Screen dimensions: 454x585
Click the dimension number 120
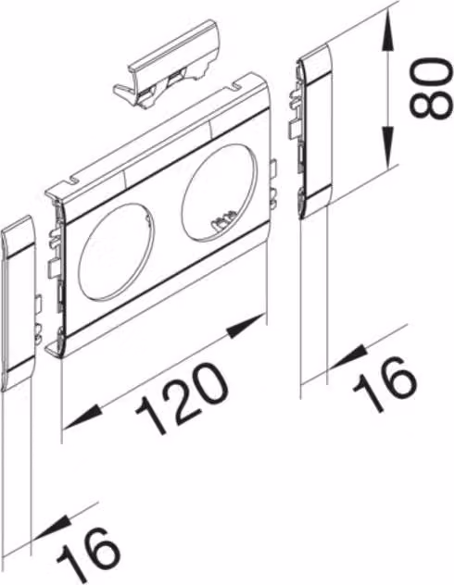pos(183,398)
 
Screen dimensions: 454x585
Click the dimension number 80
pos(428,88)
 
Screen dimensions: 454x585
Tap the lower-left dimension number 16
pos(89,556)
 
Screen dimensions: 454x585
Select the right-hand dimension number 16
pos(385,383)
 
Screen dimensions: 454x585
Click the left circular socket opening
pos(117,251)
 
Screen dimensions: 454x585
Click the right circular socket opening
pos(220,190)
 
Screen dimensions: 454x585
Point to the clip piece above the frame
pos(167,67)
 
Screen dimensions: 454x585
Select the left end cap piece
pos(19,303)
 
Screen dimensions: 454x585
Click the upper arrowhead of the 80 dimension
pos(388,31)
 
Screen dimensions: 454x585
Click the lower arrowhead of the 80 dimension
pos(388,147)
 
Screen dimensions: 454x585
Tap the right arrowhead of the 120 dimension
pos(246,327)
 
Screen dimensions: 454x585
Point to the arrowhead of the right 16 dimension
pos(347,356)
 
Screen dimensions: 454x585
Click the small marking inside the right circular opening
pos(223,224)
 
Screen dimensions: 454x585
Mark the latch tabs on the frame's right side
pos(273,183)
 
